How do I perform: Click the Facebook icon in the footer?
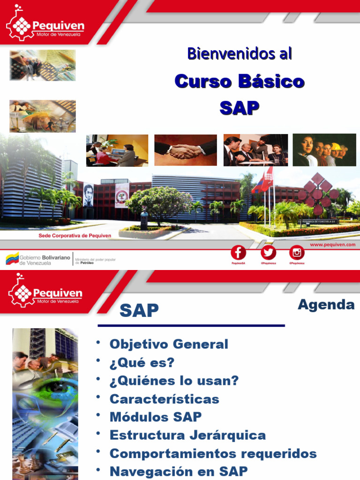(238, 253)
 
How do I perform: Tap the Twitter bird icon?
(268, 253)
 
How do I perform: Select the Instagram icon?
(297, 253)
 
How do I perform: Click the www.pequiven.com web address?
(332, 244)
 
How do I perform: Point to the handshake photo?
(186, 150)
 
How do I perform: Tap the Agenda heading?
(326, 305)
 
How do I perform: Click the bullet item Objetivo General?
(169, 344)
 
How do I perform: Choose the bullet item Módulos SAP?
(156, 417)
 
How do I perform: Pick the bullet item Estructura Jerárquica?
(187, 435)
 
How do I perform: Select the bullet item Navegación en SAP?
(179, 471)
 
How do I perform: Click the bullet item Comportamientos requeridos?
(213, 453)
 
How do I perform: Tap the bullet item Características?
(164, 399)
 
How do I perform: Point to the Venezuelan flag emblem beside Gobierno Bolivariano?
(12, 258)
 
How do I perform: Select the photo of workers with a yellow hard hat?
(324, 150)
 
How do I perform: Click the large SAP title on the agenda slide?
(139, 310)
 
